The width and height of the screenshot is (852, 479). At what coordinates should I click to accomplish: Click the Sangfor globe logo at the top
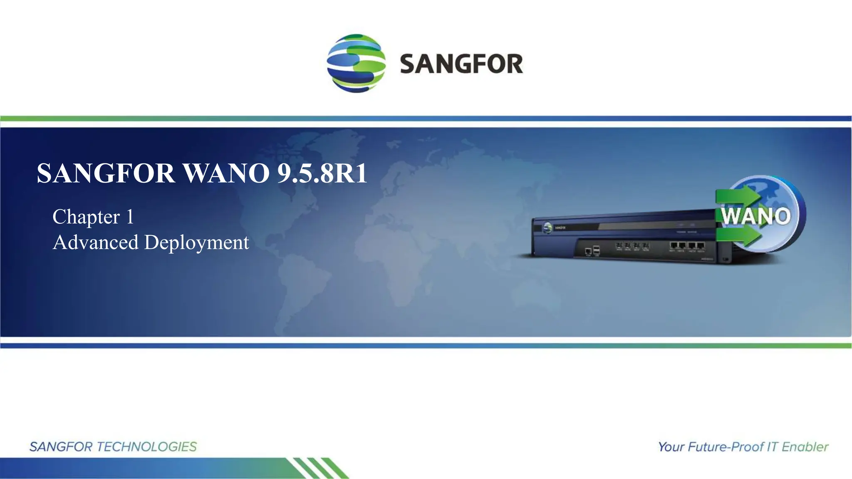pyautogui.click(x=356, y=63)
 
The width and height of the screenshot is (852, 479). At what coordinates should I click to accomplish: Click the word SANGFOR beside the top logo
pyautogui.click(x=461, y=64)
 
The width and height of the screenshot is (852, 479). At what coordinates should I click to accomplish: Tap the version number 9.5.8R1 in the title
pyautogui.click(x=322, y=173)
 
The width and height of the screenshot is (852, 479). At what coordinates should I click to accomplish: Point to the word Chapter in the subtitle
pyautogui.click(x=86, y=217)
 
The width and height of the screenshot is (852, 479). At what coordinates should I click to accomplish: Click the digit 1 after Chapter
pyautogui.click(x=130, y=217)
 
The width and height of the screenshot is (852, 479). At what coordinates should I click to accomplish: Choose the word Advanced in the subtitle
pyautogui.click(x=96, y=242)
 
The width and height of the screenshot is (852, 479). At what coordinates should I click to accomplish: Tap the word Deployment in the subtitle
pyautogui.click(x=196, y=242)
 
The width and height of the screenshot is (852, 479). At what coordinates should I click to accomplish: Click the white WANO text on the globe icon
pyautogui.click(x=755, y=216)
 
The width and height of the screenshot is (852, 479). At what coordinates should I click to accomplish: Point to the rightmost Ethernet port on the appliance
pyautogui.click(x=701, y=246)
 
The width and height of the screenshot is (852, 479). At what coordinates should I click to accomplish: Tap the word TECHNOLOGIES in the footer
pyautogui.click(x=146, y=447)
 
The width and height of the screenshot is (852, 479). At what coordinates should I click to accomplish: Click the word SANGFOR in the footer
pyautogui.click(x=61, y=447)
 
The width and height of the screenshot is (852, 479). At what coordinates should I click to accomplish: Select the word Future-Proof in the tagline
pyautogui.click(x=726, y=447)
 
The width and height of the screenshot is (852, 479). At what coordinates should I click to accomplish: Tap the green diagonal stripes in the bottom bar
pyautogui.click(x=320, y=468)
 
